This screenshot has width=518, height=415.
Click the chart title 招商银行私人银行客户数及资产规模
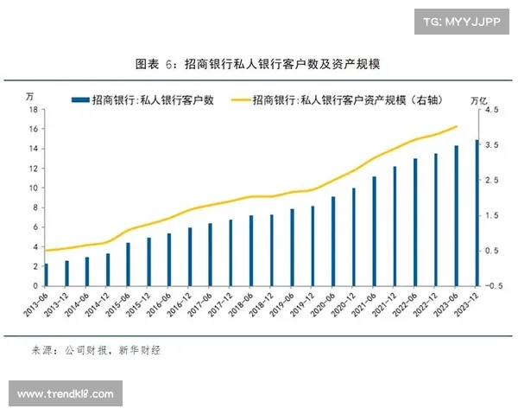(258, 65)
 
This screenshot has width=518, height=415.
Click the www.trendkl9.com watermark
(65, 394)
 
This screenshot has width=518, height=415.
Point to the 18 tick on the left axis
(33, 110)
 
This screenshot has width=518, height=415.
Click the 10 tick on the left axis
(33, 188)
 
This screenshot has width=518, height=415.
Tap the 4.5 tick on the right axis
(490, 110)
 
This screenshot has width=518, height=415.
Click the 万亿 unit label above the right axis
(488, 98)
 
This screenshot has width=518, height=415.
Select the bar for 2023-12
(476, 212)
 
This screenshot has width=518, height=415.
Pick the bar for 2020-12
(353, 236)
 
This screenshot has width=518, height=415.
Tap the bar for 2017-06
(210, 253)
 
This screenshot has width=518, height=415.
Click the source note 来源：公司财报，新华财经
(96, 350)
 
